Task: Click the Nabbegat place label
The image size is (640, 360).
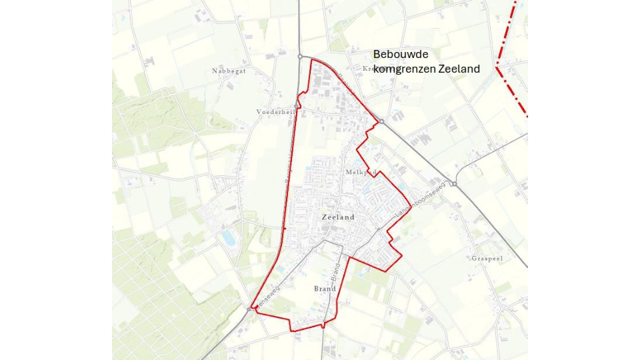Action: tap(228, 71)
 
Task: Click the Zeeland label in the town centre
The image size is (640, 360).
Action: tap(337, 217)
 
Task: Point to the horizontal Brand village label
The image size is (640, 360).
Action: tap(325, 289)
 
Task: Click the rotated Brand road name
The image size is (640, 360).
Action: tap(337, 270)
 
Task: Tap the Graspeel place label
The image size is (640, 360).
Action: tap(487, 257)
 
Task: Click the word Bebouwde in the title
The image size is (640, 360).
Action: tap(400, 55)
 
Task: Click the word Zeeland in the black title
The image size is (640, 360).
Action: tap(459, 68)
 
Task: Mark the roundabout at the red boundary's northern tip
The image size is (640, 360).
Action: tap(301, 57)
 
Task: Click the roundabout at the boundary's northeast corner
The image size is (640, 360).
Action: tap(381, 121)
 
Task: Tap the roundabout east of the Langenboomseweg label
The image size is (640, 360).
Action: tap(453, 184)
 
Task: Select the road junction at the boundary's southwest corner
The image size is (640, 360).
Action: tap(251, 309)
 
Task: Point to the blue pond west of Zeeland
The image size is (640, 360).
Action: tap(228, 235)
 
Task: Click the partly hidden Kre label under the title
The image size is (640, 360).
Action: tap(368, 69)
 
